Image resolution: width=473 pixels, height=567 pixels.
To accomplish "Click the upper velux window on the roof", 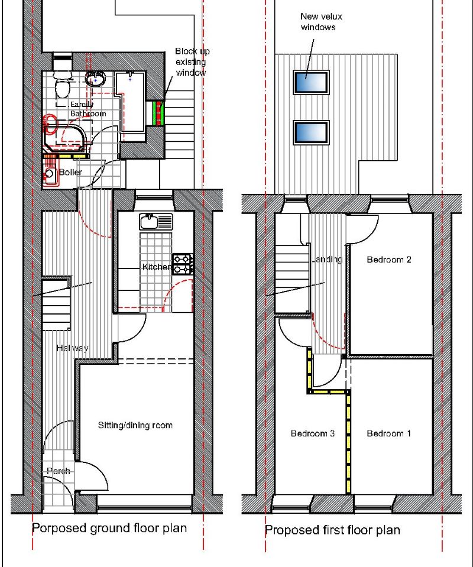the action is click(311, 82).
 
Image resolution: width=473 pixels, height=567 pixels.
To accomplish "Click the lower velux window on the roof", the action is click(311, 132).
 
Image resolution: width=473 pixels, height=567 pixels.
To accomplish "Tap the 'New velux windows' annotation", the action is click(321, 22).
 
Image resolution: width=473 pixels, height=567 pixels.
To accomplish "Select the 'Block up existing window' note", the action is click(192, 62).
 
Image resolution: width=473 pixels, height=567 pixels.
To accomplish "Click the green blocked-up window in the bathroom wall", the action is click(158, 113).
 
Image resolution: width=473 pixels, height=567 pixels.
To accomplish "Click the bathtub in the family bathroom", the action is click(131, 102).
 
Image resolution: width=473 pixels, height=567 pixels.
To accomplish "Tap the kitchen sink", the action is click(156, 222).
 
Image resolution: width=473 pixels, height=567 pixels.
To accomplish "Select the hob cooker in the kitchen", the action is click(183, 264).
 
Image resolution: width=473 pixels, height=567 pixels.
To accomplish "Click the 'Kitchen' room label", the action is click(157, 267).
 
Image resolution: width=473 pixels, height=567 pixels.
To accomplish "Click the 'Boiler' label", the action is click(70, 172).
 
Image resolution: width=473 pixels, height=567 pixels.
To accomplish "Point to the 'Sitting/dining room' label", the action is click(135, 425).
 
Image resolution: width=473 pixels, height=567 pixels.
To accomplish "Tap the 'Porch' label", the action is click(58, 471).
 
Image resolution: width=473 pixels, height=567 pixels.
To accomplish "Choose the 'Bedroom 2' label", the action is click(388, 260).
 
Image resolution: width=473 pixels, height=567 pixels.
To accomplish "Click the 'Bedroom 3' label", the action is click(312, 433).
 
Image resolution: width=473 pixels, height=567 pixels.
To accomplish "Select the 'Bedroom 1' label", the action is click(388, 433).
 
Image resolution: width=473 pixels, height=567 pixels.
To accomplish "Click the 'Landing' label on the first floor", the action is click(326, 260).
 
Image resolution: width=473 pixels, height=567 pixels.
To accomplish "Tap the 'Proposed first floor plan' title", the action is click(332, 530).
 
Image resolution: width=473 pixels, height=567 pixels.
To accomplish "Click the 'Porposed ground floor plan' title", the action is click(109, 528).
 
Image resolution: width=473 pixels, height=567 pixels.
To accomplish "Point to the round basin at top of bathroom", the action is click(95, 79).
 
